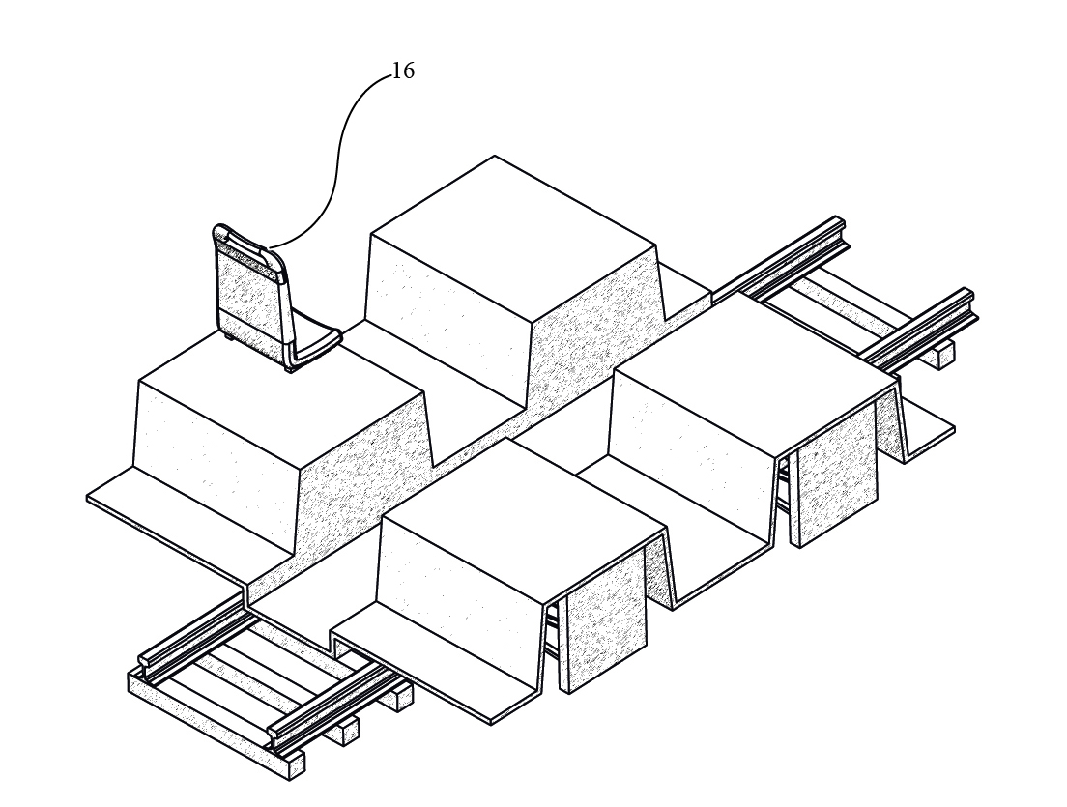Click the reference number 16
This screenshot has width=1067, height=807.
coord(403,72)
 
